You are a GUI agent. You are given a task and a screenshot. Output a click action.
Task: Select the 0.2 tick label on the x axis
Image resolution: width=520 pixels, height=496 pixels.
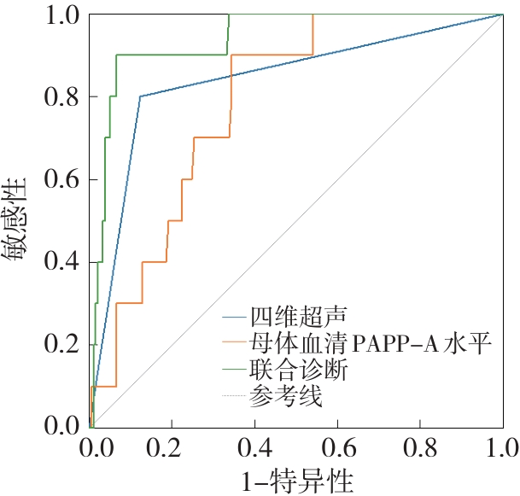tap(173, 448)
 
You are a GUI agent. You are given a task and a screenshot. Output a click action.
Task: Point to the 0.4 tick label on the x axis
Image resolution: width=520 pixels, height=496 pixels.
tap(255, 448)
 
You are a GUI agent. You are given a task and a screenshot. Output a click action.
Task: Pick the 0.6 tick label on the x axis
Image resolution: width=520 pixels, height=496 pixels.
tap(337, 448)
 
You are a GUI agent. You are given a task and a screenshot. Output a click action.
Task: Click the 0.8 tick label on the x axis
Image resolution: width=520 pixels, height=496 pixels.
tap(419, 448)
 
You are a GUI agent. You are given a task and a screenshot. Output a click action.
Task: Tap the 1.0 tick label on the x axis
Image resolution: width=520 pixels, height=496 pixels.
tap(500, 448)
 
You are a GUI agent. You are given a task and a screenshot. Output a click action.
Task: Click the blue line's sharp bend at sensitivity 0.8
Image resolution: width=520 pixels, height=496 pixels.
tap(140, 96)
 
